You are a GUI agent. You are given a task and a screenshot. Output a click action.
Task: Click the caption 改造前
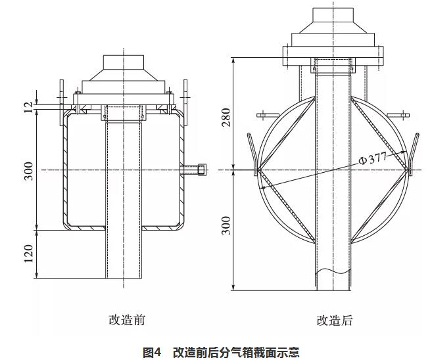tap(127, 320)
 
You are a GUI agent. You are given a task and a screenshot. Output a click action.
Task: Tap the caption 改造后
tap(335, 320)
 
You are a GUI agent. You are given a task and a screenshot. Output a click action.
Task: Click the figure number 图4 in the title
tap(152, 352)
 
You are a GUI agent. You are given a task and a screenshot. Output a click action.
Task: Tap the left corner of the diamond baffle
tap(258, 171)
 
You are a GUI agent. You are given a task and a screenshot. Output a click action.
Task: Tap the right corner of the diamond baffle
tap(409, 171)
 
